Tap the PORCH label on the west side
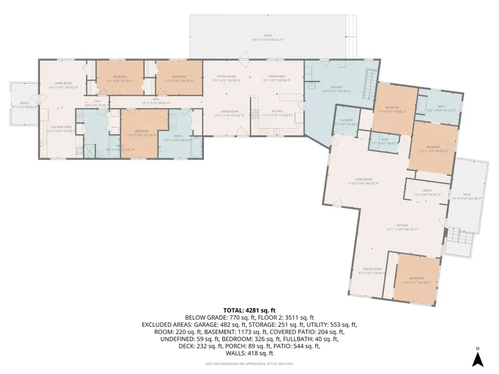(24, 103)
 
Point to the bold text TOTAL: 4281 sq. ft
(249, 310)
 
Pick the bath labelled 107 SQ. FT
(441, 109)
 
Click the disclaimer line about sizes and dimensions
(249, 364)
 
